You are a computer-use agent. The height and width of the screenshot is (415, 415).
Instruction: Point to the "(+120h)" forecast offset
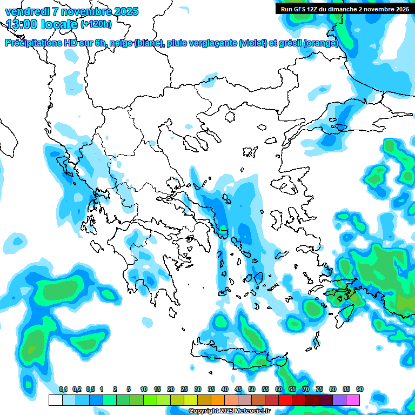(x=96, y=24)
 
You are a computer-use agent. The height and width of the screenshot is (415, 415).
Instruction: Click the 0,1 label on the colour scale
(x=63, y=389)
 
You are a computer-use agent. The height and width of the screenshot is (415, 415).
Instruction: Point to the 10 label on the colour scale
(x=144, y=389)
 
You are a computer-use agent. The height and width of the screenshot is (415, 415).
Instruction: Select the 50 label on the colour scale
(x=252, y=389)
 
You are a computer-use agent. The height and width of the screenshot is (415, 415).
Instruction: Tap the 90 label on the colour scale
(x=360, y=389)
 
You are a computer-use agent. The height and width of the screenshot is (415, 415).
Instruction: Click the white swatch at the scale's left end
(x=55, y=400)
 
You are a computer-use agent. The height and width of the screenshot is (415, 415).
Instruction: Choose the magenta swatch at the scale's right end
(x=353, y=400)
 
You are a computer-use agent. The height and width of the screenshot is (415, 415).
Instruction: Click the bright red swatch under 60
(x=285, y=400)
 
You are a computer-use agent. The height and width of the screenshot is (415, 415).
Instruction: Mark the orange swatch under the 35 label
(x=217, y=400)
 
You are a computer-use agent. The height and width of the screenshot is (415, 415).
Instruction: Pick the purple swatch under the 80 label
(x=339, y=400)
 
